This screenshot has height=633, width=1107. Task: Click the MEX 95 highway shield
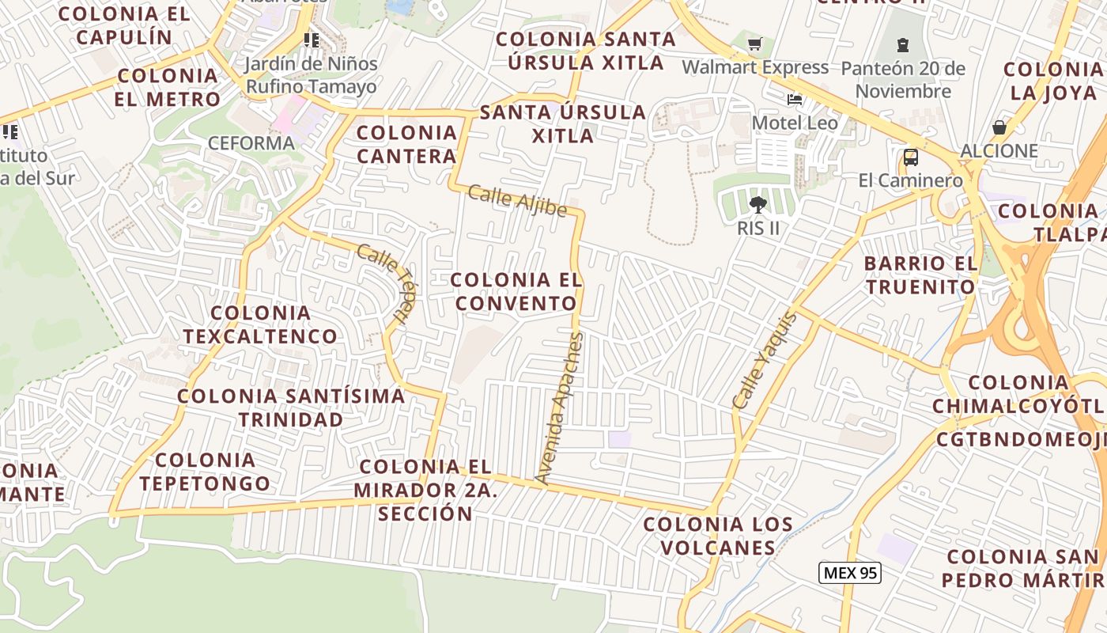tap(849, 573)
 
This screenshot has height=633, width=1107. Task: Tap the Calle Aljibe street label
tap(517, 200)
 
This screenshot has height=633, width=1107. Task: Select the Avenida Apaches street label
tap(559, 408)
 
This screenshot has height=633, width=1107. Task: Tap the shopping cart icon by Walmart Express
tap(754, 44)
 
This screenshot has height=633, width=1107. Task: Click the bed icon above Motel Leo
tap(795, 100)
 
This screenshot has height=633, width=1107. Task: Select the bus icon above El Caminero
tap(911, 157)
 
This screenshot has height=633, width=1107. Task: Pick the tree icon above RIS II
tap(758, 205)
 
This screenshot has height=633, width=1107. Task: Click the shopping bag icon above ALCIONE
tap(999, 127)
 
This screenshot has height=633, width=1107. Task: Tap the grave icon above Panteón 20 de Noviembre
tap(903, 44)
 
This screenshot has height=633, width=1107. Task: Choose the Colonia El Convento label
tap(516, 291)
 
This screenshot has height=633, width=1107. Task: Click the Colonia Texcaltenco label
tap(260, 324)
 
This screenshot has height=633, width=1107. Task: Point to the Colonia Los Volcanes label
tap(718, 536)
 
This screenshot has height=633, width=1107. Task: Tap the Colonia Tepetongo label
tap(205, 472)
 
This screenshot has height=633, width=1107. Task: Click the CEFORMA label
tap(251, 143)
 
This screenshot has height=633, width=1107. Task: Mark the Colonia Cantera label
tap(406, 144)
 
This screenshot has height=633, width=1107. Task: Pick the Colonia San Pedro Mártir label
tap(1022, 568)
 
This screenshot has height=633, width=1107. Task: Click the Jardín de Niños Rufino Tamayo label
tap(311, 75)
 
